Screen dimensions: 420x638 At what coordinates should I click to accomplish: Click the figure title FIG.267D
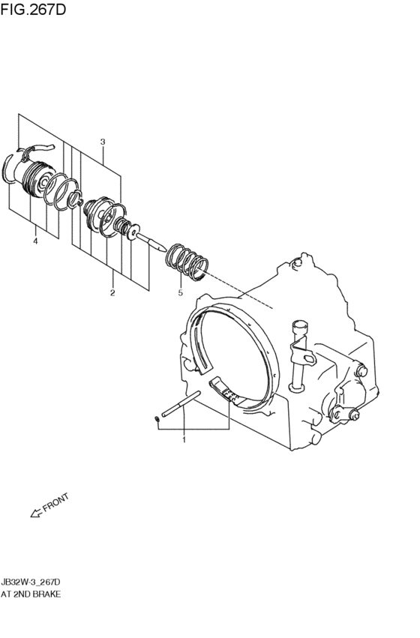[33, 9]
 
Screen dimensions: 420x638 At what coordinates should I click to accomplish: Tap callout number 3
[103, 142]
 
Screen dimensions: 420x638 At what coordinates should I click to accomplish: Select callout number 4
[35, 241]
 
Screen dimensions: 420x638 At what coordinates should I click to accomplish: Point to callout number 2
[112, 292]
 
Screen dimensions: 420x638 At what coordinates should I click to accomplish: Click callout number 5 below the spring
[180, 292]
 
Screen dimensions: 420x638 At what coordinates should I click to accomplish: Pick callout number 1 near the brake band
[184, 440]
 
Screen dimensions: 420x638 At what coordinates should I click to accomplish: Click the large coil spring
[187, 262]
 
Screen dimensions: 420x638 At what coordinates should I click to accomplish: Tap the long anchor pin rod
[181, 403]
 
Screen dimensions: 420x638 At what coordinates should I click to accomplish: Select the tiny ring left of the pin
[157, 419]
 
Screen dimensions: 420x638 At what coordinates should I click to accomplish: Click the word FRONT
[55, 502]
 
